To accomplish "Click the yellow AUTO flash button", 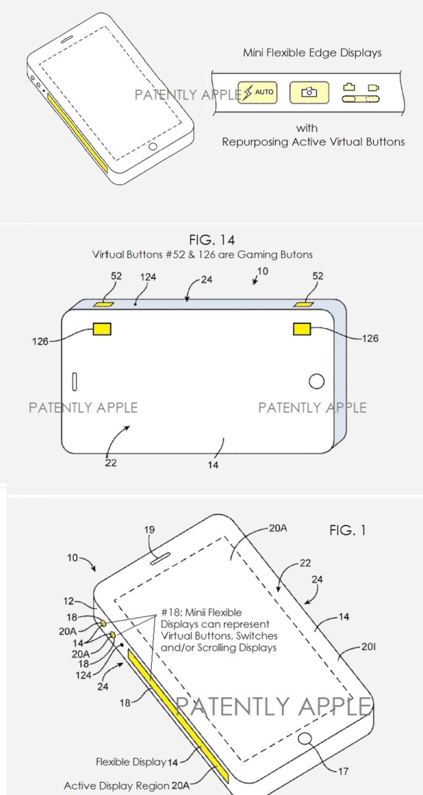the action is (x=257, y=93).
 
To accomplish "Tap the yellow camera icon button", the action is (x=309, y=93).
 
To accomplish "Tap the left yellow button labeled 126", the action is (x=101, y=329).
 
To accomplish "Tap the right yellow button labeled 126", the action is (x=302, y=329).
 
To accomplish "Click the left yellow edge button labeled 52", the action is (x=104, y=304).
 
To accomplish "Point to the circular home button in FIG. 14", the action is (x=317, y=382).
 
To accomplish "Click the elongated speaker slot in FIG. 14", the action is (x=75, y=382).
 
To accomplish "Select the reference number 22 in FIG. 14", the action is (x=111, y=463).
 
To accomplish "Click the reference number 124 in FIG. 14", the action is (x=149, y=277).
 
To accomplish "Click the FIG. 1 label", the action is (x=347, y=530).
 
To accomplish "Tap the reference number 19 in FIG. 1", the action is (x=150, y=530).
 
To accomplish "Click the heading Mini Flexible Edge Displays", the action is (x=312, y=52).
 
